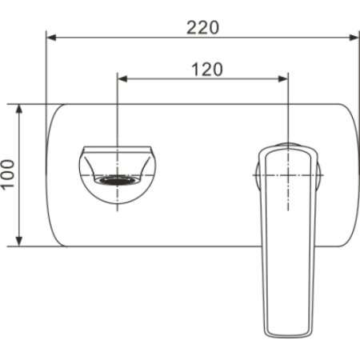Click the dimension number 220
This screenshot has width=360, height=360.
(x=203, y=26)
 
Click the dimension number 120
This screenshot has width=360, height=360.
(x=206, y=69)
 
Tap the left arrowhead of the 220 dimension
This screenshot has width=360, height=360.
(x=51, y=37)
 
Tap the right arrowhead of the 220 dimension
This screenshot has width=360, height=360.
(x=352, y=37)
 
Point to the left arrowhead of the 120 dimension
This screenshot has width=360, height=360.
(x=122, y=78)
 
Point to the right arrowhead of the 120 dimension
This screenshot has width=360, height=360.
(x=282, y=78)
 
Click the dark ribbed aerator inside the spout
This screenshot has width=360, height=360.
(x=117, y=180)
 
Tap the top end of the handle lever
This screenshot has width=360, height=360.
(x=286, y=148)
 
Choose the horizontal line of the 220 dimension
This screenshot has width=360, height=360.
(x=120, y=37)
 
